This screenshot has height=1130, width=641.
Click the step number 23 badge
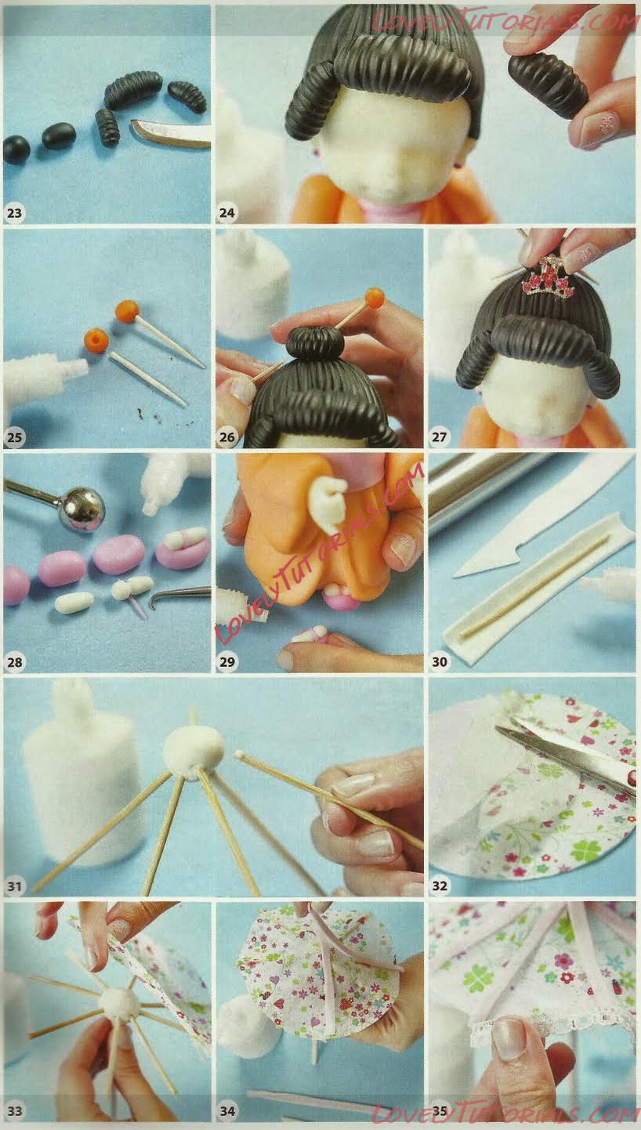(15, 212)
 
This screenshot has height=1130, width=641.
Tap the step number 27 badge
(440, 436)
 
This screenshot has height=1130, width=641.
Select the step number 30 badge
(440, 661)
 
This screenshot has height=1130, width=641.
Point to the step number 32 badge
(440, 886)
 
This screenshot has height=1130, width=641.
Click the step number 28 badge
(15, 661)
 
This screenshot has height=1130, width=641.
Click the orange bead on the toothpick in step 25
(127, 311)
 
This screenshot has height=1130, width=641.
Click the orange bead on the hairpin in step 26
(375, 298)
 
